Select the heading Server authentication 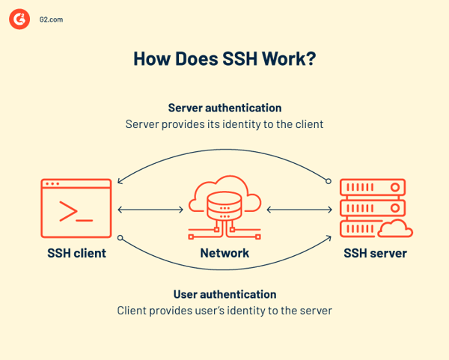[x=224, y=108]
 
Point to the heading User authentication [x=224, y=294]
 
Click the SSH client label [x=76, y=253]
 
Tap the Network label [x=224, y=253]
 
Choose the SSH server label [x=375, y=253]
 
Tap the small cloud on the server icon [x=396, y=228]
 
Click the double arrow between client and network [x=150, y=210]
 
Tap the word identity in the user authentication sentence [x=243, y=310]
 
